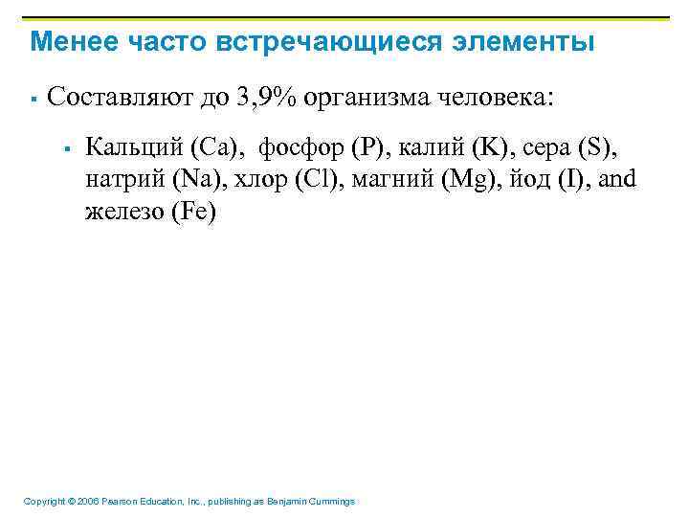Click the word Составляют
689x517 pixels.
pos(114,98)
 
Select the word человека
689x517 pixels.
pos(497,98)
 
